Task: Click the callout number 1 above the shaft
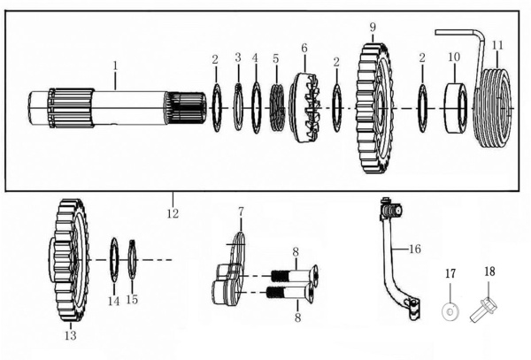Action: tap(114, 65)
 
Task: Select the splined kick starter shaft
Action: tap(115, 108)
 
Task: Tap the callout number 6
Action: tap(304, 48)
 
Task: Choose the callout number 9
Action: tap(373, 26)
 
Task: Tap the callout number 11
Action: tap(497, 44)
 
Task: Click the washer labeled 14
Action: tap(114, 259)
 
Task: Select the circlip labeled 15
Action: tap(132, 260)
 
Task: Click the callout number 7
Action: tap(240, 212)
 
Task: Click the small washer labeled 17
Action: tap(449, 310)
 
